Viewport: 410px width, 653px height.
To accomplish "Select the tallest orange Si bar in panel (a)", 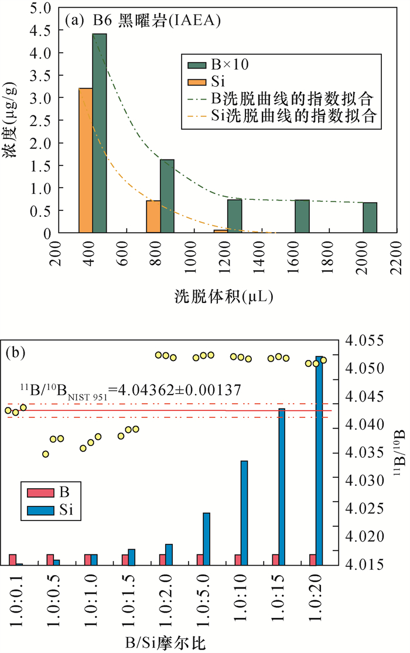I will (86, 161).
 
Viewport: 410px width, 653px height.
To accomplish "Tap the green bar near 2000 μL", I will (370, 217).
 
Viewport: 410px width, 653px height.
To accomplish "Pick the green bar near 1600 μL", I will (302, 216).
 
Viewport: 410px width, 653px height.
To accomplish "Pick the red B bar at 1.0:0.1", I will (12, 559).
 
